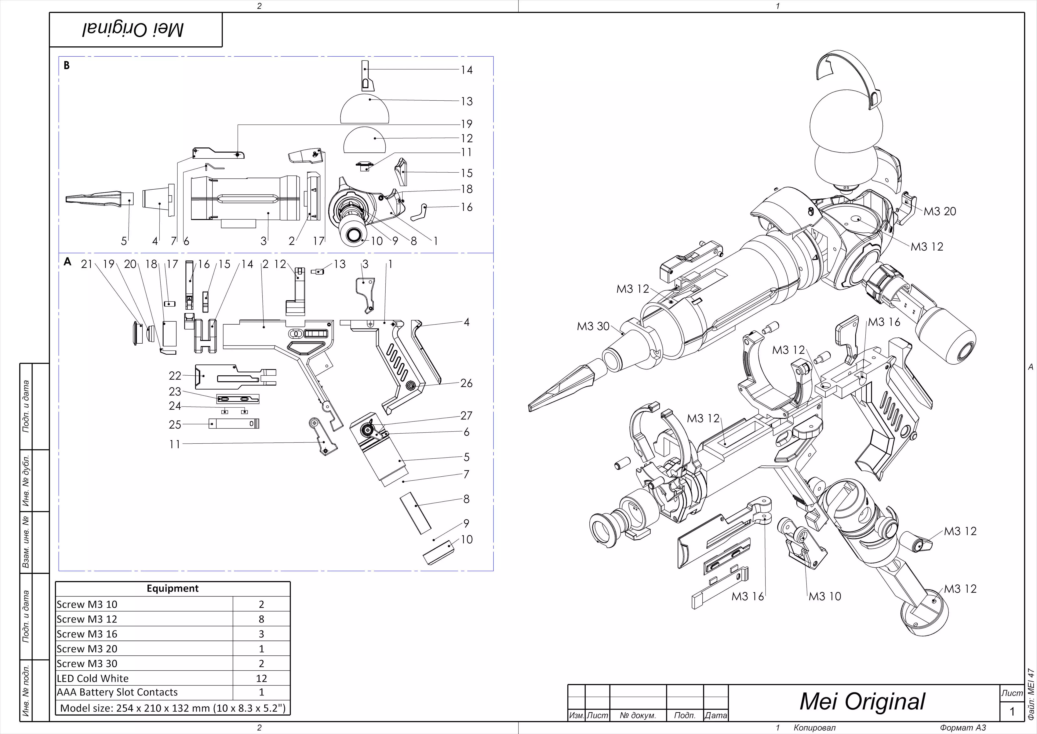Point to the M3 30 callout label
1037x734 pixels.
coord(593,326)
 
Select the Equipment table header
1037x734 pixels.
coord(172,588)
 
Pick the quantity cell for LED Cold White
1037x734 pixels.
coord(261,678)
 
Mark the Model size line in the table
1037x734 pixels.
coord(172,708)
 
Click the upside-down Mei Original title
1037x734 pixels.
coord(133,30)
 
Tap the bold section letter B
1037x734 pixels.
coord(67,65)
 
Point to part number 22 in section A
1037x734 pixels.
coord(175,376)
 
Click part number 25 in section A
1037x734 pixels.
coord(175,424)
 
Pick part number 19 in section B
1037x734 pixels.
coord(467,124)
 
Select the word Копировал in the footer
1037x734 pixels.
coord(814,728)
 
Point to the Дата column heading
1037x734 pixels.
coord(716,716)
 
